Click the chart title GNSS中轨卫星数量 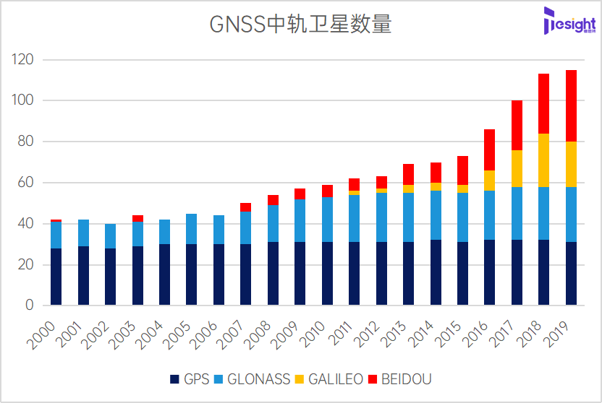[300, 25]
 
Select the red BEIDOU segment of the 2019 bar [571, 105]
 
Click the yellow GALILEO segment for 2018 [543, 160]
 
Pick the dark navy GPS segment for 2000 [56, 277]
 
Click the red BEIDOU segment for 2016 [489, 149]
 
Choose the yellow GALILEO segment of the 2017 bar [517, 168]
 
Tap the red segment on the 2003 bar [137, 218]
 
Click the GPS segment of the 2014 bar [436, 272]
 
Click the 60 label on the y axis [27, 183]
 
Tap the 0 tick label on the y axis [30, 305]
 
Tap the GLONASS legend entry [253, 379]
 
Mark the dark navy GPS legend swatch [174, 379]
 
